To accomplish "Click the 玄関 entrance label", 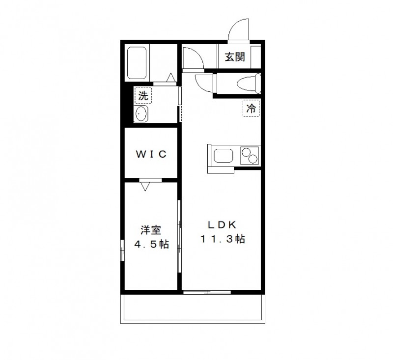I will point(234,57).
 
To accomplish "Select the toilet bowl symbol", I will point(246,83).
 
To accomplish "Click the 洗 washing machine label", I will point(143,96).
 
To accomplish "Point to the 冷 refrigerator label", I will point(251,109).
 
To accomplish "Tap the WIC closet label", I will point(151,154).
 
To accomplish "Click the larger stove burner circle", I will point(252,159).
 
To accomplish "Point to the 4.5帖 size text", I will point(151,244).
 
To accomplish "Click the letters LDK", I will point(222,225).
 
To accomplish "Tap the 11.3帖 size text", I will point(222,240).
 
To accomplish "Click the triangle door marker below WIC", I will point(145,186).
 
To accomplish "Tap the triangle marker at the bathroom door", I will point(170,77).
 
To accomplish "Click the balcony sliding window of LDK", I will point(207,293).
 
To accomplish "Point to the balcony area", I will point(194,308).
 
